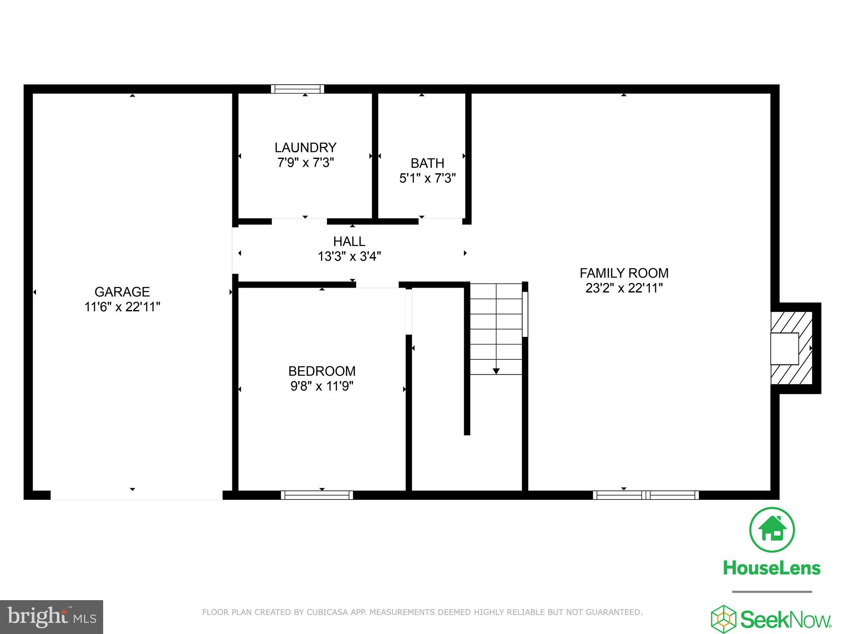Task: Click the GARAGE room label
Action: click(122, 292)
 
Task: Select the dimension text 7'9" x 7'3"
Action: click(305, 163)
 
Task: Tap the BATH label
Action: click(427, 163)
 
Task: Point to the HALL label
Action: click(349, 241)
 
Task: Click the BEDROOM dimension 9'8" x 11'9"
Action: click(322, 386)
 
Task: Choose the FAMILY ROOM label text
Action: click(624, 273)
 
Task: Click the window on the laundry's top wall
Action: click(297, 89)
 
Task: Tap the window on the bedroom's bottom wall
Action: click(317, 495)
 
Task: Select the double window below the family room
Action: click(646, 495)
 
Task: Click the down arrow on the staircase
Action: click(496, 371)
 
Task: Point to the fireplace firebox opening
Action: click(784, 348)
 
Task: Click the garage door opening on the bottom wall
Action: click(136, 495)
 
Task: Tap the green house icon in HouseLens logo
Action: click(772, 530)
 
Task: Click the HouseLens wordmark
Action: click(772, 568)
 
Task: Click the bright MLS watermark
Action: click(52, 617)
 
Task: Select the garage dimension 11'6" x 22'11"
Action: click(122, 307)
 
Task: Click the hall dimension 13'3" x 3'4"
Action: click(349, 256)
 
